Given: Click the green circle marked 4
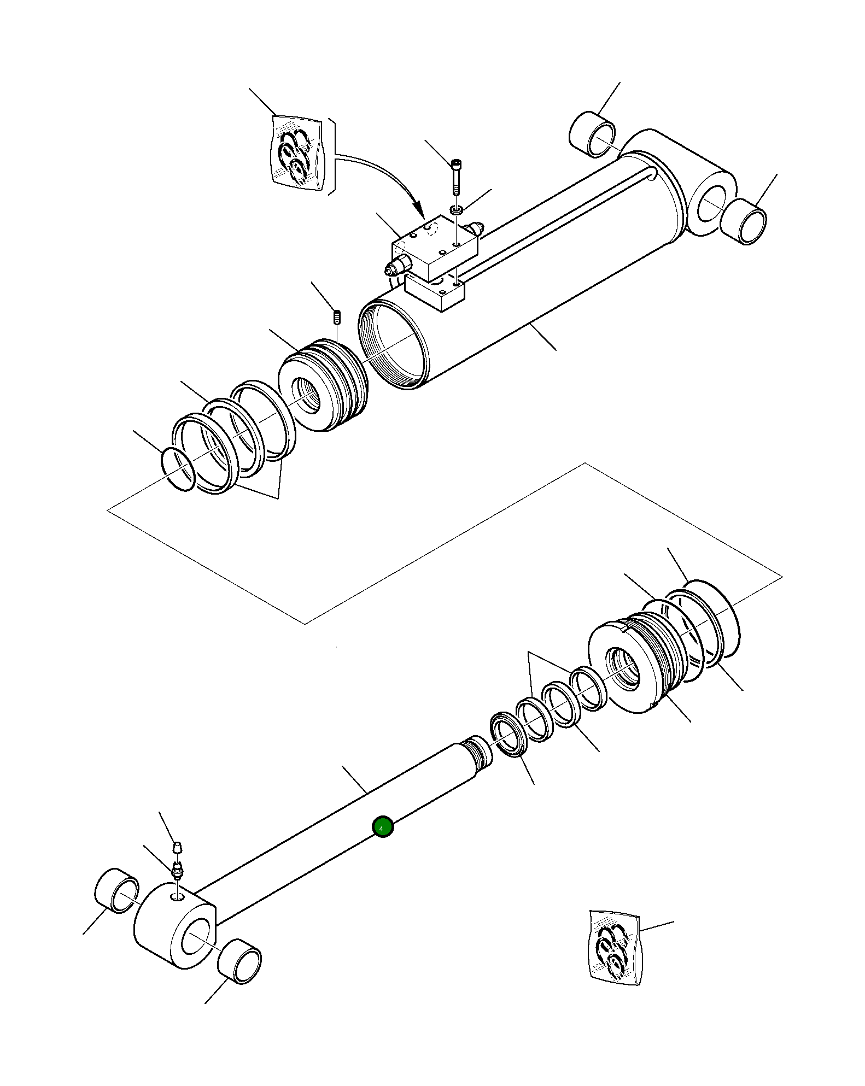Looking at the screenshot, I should pos(382,842).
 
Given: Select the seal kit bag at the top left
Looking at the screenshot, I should pos(297,153).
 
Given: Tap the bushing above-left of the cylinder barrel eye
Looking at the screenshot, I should pos(592,134).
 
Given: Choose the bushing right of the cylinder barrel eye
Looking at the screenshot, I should pos(744,221).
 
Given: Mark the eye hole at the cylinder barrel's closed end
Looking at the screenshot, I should pos(713,203).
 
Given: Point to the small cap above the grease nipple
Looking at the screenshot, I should pos(177,848).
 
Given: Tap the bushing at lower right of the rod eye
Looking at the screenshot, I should pos(239,962).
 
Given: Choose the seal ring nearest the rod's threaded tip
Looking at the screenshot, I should pos(509,736).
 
